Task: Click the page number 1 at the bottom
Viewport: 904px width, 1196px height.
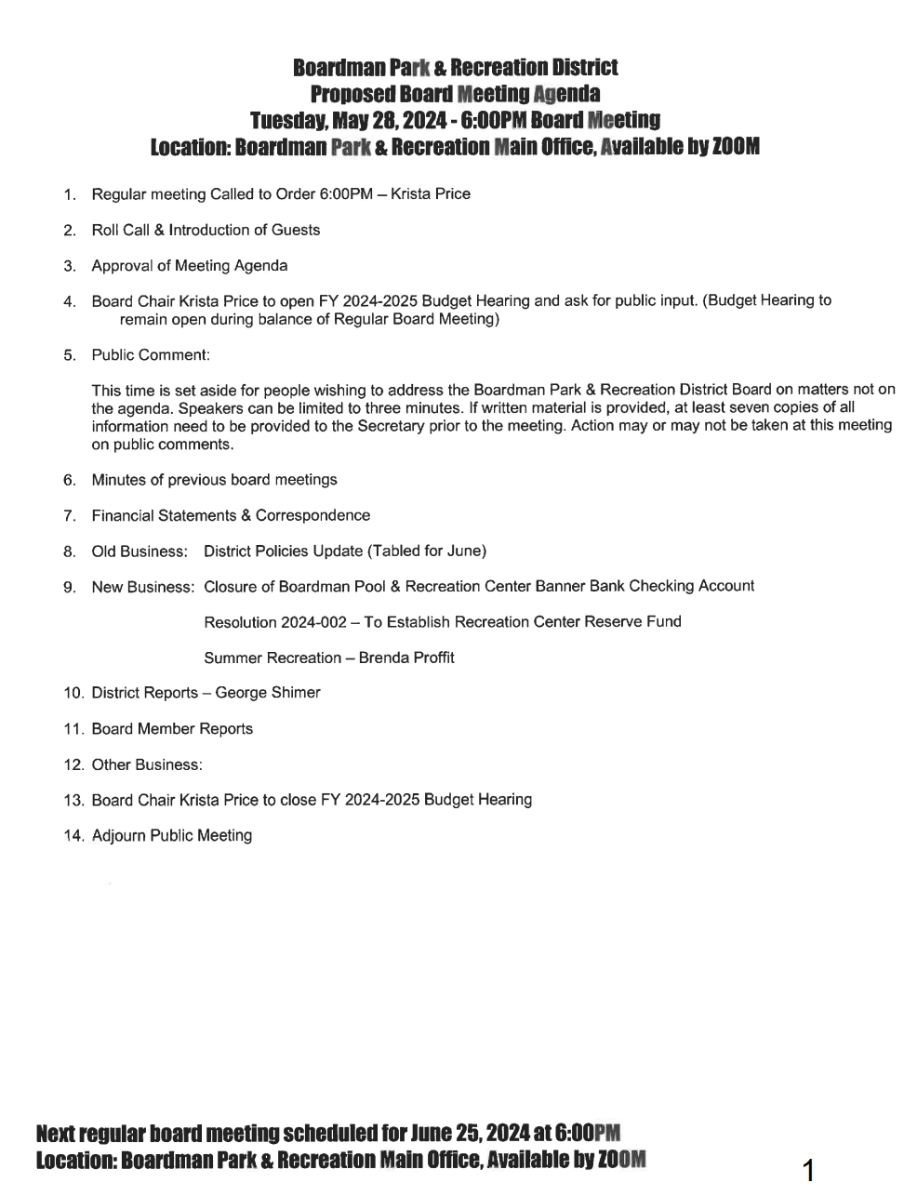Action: [808, 1169]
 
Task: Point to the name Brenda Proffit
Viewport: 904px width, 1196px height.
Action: [406, 658]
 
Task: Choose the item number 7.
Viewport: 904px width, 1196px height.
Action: [69, 516]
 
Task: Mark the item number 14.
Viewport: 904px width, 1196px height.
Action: [73, 836]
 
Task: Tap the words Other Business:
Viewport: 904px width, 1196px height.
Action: [147, 764]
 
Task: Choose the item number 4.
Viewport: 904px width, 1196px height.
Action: [69, 302]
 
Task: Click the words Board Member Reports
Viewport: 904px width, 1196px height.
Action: [172, 729]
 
